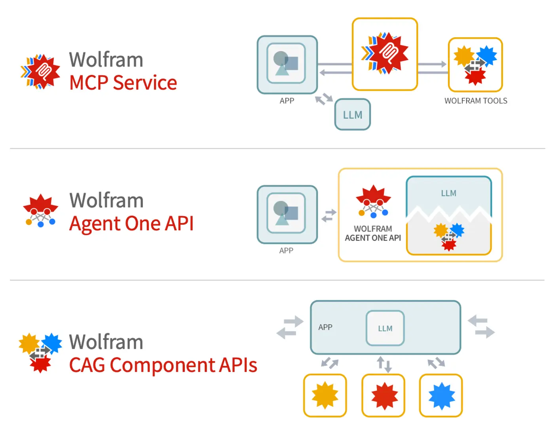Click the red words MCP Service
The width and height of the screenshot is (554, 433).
point(123,83)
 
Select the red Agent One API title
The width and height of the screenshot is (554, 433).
point(131,224)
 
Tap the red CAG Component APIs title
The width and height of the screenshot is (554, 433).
point(163,365)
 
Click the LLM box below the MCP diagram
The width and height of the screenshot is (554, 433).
point(352,115)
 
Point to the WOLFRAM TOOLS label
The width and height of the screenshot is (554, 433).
point(476,101)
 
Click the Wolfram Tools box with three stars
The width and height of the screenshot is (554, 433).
point(475,65)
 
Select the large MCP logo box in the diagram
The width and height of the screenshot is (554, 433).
point(385,54)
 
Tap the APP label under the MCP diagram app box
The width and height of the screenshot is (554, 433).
point(287,101)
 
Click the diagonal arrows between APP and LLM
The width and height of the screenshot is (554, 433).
point(324,99)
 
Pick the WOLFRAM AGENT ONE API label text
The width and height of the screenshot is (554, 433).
point(373,234)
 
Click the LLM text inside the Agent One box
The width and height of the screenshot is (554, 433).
point(449,193)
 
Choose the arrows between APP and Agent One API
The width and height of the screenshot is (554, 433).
point(328,216)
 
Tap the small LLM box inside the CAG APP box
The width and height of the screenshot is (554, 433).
point(385,328)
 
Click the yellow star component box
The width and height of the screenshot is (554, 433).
point(325,395)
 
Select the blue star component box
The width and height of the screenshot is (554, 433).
point(441,395)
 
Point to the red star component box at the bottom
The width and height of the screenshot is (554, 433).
point(383,395)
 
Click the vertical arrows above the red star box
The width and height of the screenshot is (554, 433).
point(384,364)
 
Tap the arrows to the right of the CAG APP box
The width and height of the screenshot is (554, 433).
point(481,327)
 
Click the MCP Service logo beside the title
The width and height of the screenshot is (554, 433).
point(41,72)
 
